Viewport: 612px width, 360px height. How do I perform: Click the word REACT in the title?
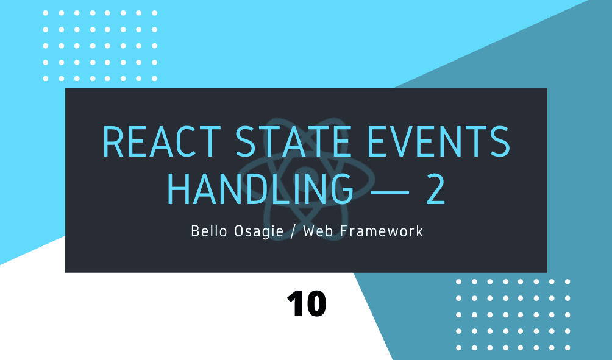[162, 141]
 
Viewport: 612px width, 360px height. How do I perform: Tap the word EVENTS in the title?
[438, 141]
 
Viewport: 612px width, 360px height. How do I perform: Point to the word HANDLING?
[260, 189]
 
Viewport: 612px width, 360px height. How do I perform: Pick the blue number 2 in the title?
[436, 189]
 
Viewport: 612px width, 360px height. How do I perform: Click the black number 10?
[307, 304]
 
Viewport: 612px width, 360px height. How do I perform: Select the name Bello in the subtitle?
[209, 231]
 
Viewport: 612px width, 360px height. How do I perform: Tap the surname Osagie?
[259, 231]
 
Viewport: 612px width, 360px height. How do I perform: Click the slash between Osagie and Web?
[293, 231]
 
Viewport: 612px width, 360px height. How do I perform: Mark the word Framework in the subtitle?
[382, 231]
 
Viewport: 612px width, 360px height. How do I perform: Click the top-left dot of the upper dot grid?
[46, 13]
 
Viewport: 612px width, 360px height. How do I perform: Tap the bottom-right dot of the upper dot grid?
[154, 79]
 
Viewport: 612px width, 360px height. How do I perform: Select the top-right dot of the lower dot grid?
[568, 281]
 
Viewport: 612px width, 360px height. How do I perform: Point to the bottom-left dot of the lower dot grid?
[458, 348]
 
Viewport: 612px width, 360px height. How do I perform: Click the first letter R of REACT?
[113, 141]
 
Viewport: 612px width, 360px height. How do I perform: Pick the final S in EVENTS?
[500, 141]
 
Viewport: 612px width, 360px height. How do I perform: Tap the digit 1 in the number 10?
[294, 304]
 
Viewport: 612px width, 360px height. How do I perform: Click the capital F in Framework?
[344, 231]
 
